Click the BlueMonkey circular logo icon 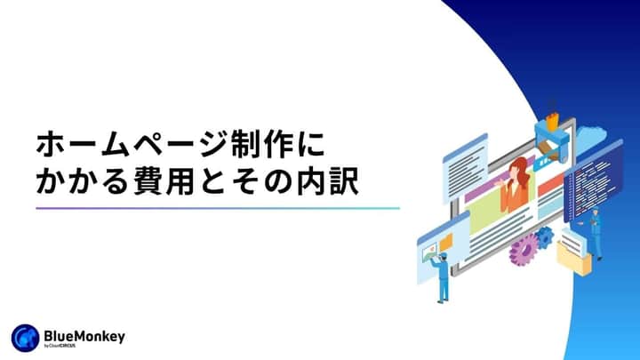[24, 338]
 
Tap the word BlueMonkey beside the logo [84, 334]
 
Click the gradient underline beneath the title [218, 208]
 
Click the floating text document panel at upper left [464, 160]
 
